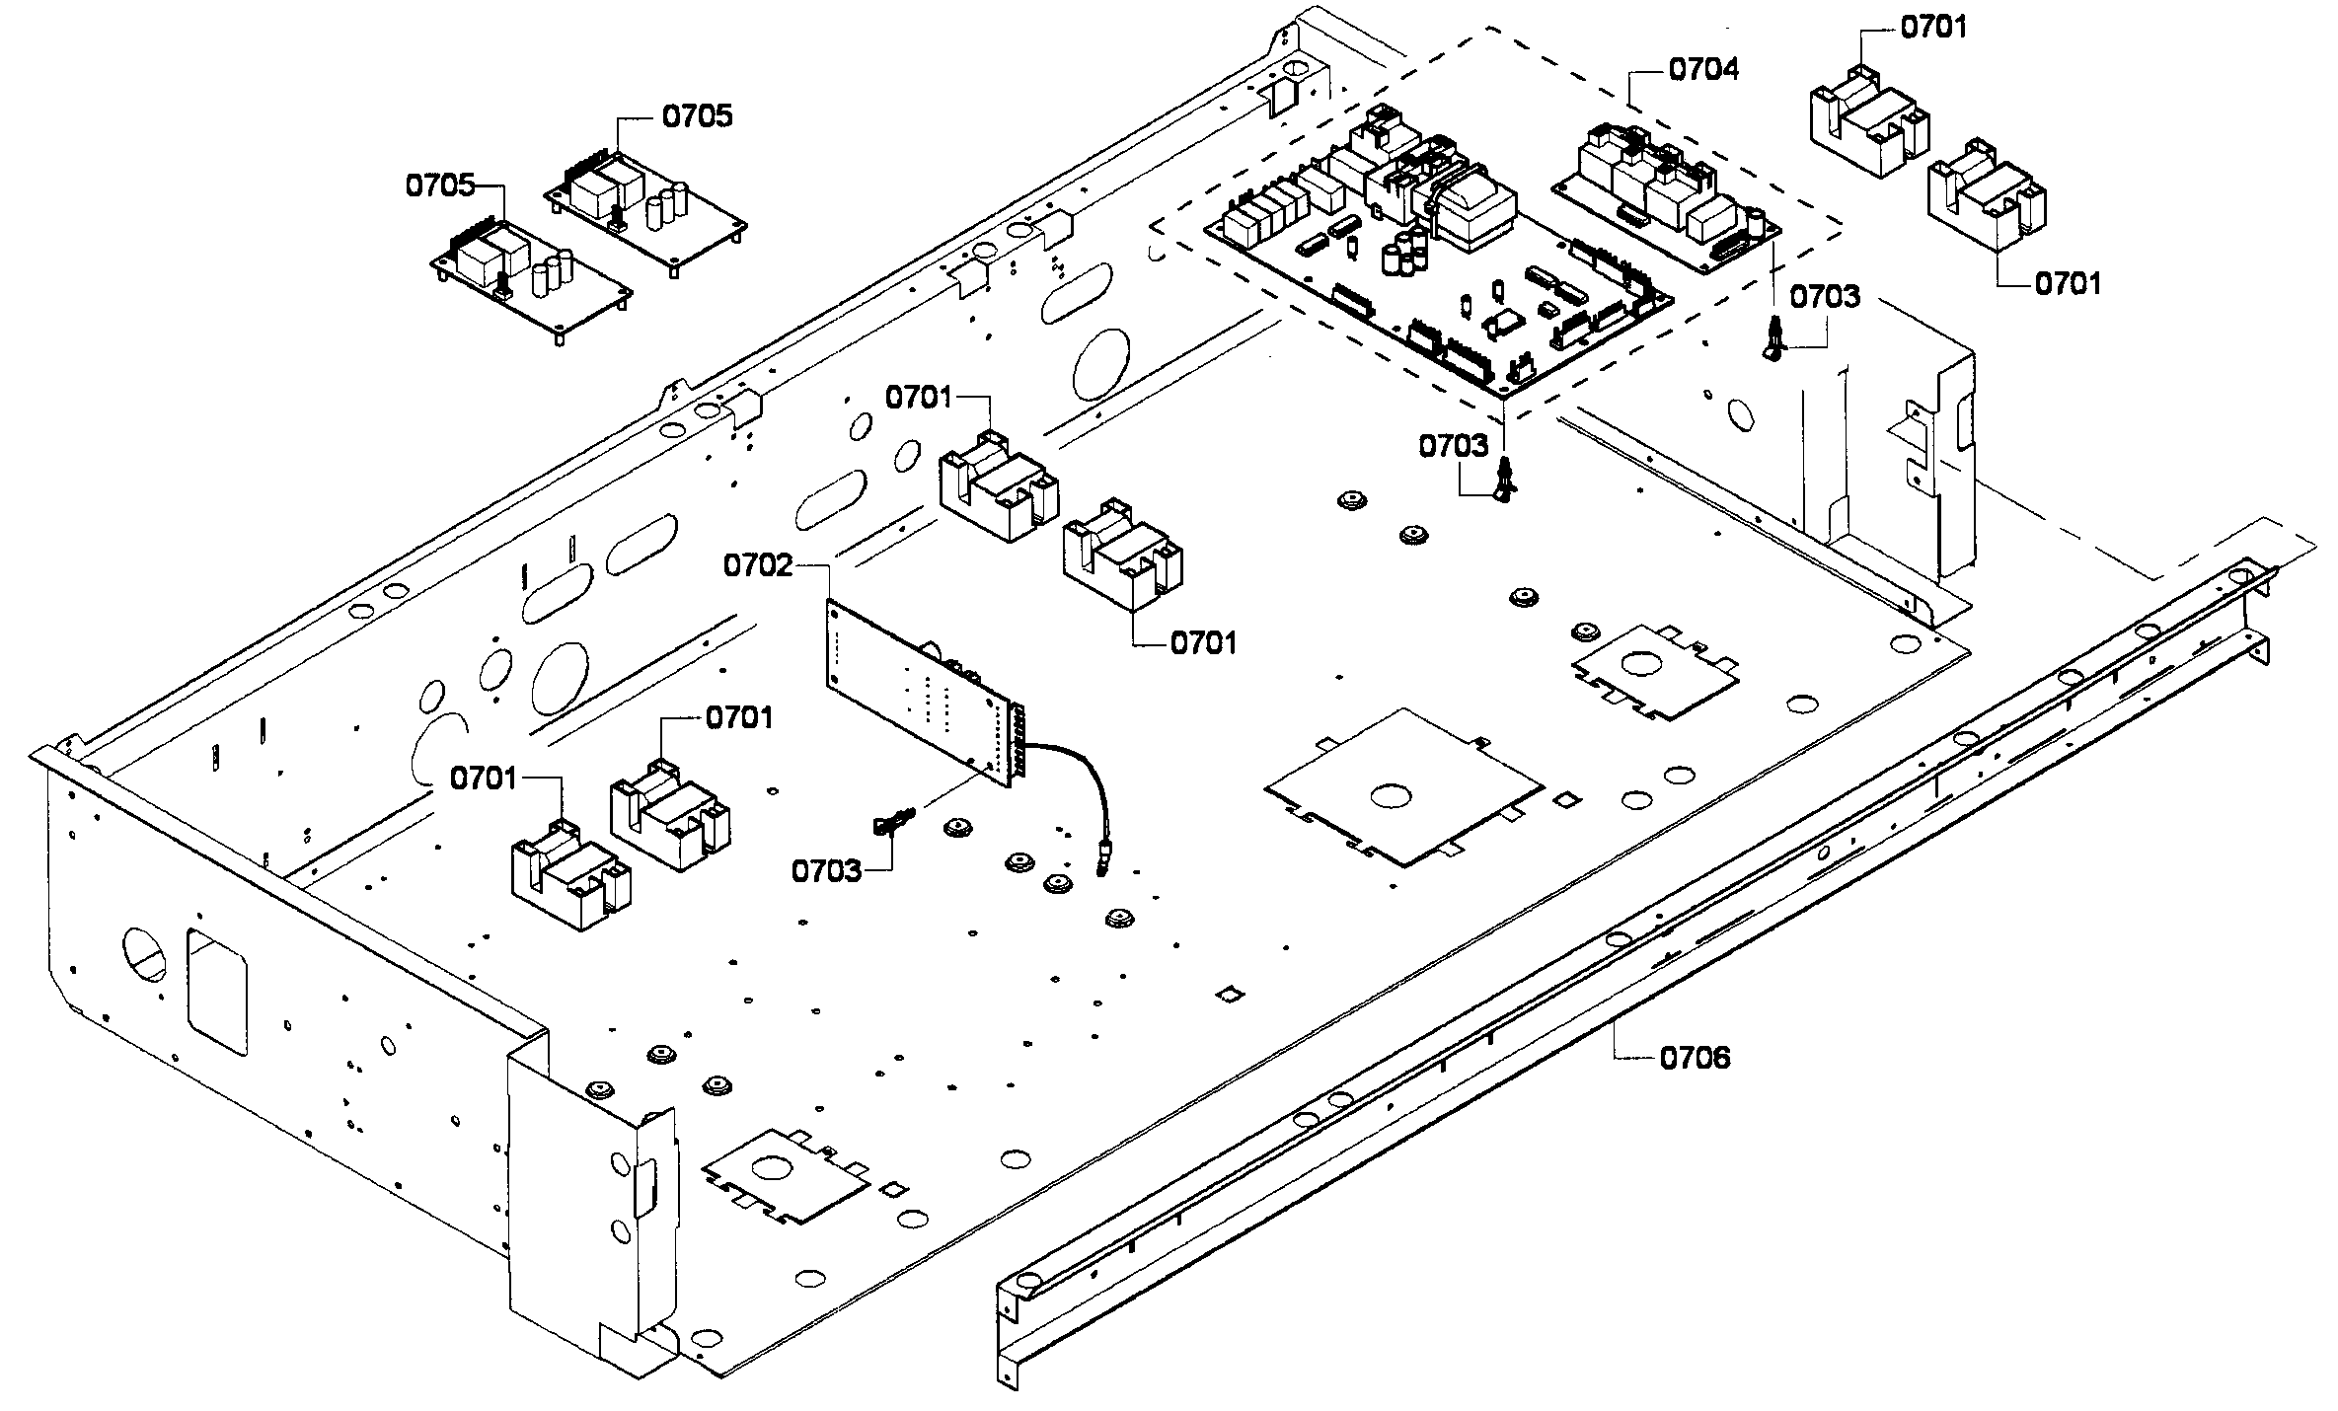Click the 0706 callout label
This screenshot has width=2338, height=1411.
point(1695,1058)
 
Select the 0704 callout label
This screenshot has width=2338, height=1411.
point(1703,69)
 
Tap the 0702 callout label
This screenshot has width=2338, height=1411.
point(758,565)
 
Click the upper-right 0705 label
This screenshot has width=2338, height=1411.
point(697,116)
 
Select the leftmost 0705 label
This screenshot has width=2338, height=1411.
point(440,186)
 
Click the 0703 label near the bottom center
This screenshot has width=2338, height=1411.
point(826,870)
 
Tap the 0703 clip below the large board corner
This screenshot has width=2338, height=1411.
point(1505,482)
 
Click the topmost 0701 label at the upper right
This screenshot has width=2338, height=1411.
point(1933,28)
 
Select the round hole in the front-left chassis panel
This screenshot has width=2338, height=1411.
point(144,951)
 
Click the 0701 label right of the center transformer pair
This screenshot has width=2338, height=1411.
point(1203,643)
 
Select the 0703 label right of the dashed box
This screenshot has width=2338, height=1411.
point(1825,296)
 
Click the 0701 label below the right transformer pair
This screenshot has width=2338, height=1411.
point(2068,283)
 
